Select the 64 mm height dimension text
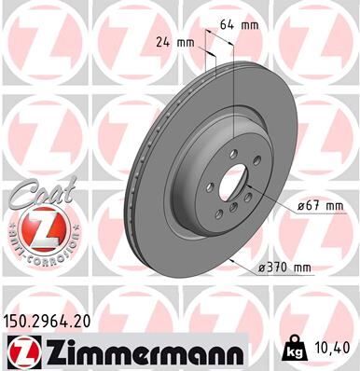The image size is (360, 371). click(237, 25)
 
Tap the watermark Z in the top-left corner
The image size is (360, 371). click(42, 37)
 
